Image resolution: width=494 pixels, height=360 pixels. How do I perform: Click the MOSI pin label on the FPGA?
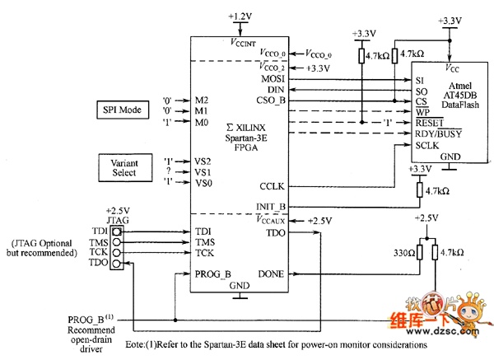272,78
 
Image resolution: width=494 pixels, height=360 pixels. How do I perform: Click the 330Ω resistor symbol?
420,252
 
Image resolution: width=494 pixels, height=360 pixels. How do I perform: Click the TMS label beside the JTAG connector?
95,242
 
